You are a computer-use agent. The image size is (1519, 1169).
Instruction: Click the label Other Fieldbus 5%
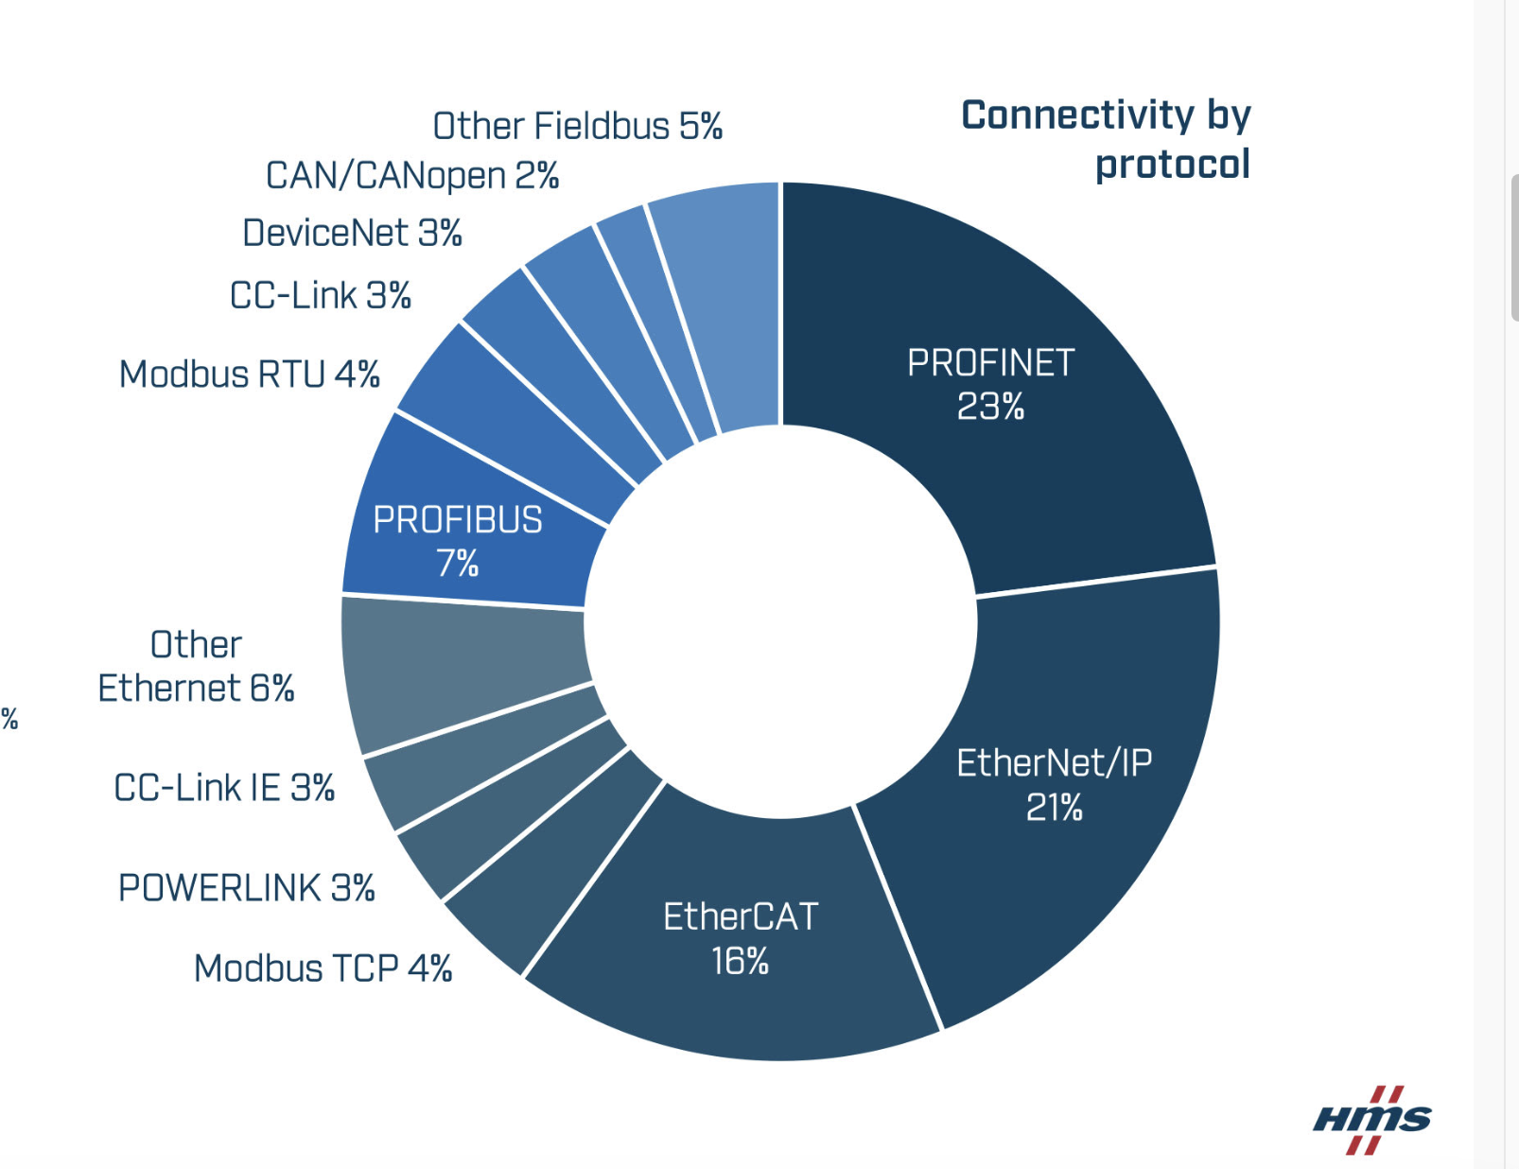click(577, 126)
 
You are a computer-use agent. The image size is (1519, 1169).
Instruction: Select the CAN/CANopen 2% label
click(411, 176)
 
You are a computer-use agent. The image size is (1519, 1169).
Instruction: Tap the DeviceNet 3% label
click(352, 233)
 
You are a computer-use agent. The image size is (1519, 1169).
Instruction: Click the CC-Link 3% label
click(321, 295)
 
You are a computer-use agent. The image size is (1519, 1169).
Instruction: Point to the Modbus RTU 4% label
click(250, 375)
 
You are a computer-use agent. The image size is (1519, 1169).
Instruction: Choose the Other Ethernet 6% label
click(196, 666)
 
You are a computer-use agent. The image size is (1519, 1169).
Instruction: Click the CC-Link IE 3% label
click(224, 788)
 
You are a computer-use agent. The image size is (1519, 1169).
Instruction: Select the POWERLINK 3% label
click(246, 888)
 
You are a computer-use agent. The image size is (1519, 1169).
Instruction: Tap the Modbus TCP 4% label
click(323, 968)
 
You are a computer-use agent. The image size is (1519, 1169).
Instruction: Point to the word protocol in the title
click(1172, 165)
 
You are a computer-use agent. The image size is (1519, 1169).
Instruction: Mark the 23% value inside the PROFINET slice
click(990, 407)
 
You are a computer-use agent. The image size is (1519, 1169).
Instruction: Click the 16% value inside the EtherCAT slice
click(740, 961)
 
